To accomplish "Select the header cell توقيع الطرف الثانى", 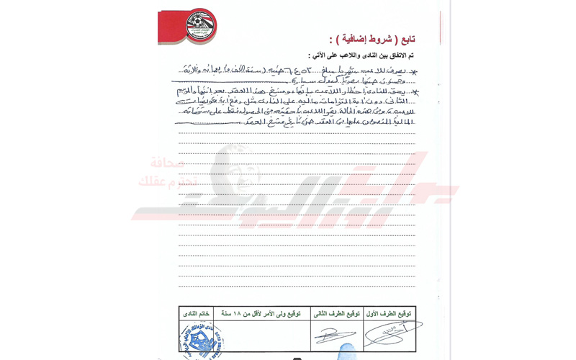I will pos(336,314).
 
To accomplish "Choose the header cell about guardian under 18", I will pos(261,314).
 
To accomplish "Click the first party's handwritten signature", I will pos(389,334).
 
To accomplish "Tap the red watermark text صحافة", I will pos(167,163).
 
